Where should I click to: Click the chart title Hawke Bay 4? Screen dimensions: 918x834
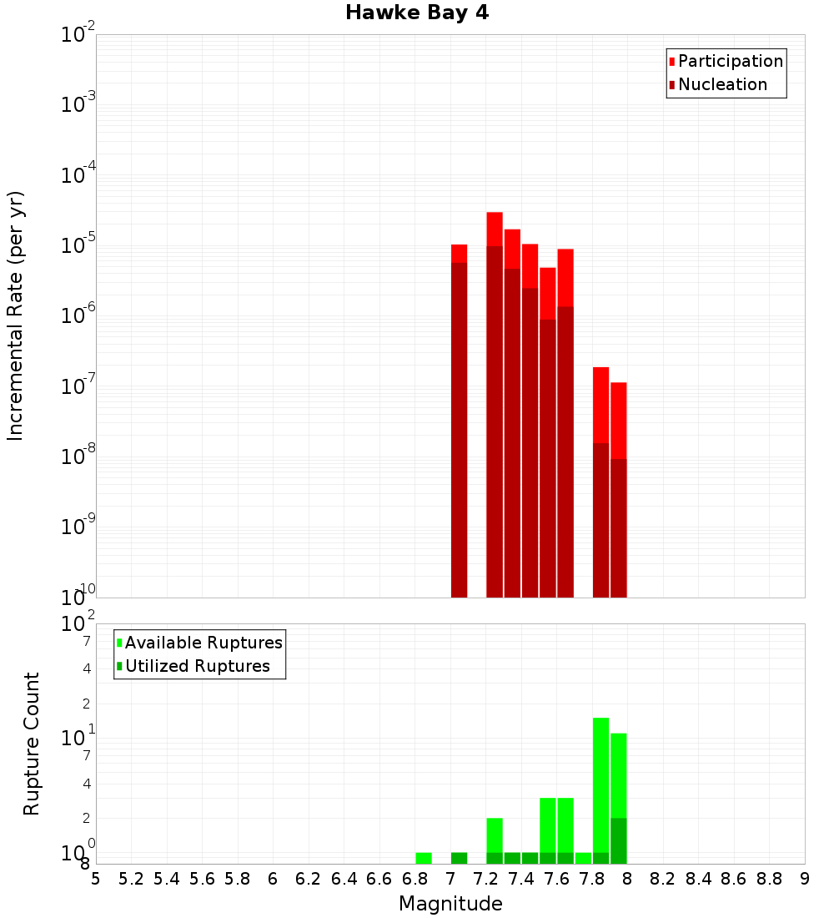[x=417, y=13]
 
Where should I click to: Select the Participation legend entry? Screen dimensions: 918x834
[x=726, y=61]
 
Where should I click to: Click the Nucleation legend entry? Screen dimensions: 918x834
[x=718, y=84]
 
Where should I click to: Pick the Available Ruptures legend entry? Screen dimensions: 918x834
[x=199, y=643]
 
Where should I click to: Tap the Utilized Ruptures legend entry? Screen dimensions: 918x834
[x=193, y=666]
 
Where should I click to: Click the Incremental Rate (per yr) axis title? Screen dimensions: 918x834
[x=16, y=316]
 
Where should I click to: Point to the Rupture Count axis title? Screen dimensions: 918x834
[x=32, y=744]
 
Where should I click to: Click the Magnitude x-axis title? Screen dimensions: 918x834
[x=450, y=904]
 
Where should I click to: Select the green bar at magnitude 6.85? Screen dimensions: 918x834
[x=424, y=858]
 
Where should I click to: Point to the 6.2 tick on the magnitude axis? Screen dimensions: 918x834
[x=309, y=878]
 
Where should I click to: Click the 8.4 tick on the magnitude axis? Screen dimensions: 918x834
[x=698, y=878]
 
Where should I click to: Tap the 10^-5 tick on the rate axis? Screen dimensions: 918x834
[x=78, y=245]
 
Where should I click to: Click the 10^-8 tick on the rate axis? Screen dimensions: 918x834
[x=78, y=456]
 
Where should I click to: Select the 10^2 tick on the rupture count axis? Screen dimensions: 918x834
[x=78, y=624]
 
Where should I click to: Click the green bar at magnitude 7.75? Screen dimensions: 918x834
[x=583, y=858]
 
